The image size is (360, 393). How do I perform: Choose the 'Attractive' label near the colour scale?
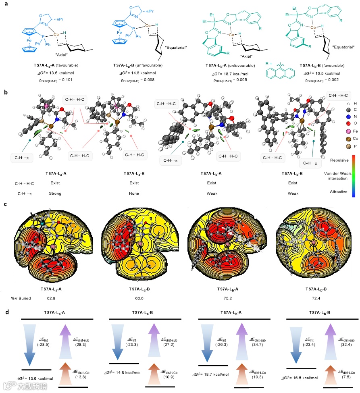pyautogui.click(x=339, y=192)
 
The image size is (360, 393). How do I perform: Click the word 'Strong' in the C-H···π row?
pyautogui.click(x=55, y=193)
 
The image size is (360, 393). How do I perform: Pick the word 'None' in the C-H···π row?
pyautogui.click(x=134, y=193)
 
